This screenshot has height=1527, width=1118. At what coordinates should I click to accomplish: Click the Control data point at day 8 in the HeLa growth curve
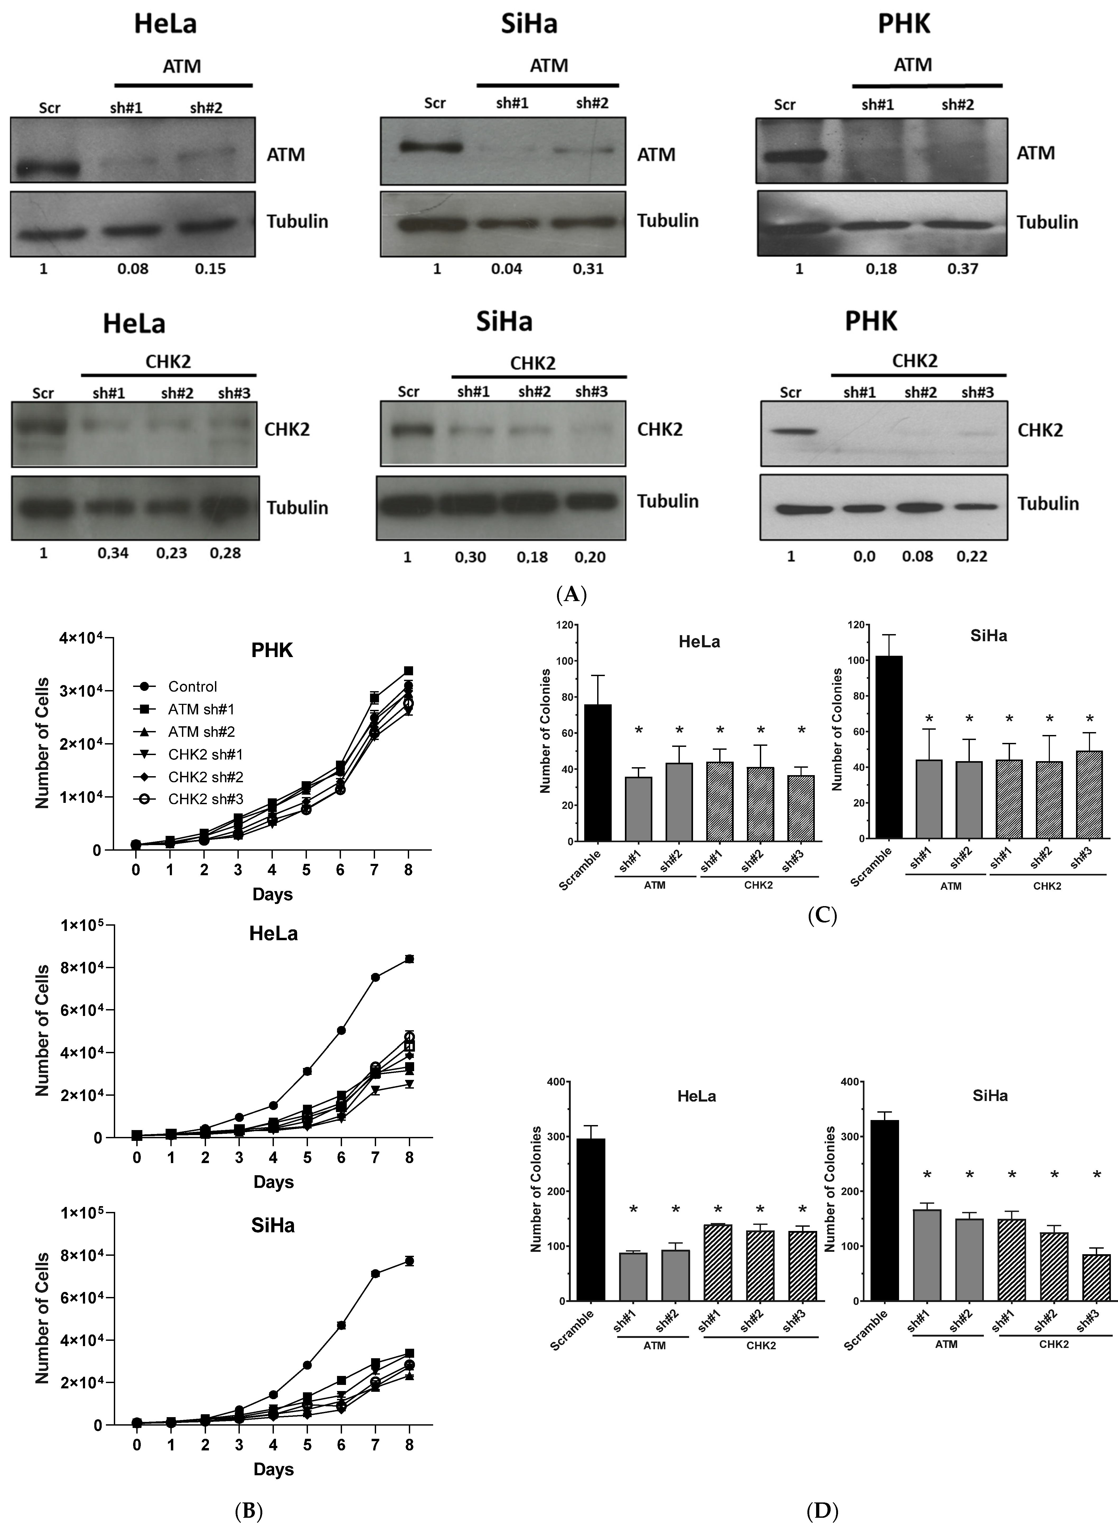pyautogui.click(x=409, y=959)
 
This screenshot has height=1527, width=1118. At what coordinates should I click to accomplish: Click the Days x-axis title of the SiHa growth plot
pyautogui.click(x=273, y=1469)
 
